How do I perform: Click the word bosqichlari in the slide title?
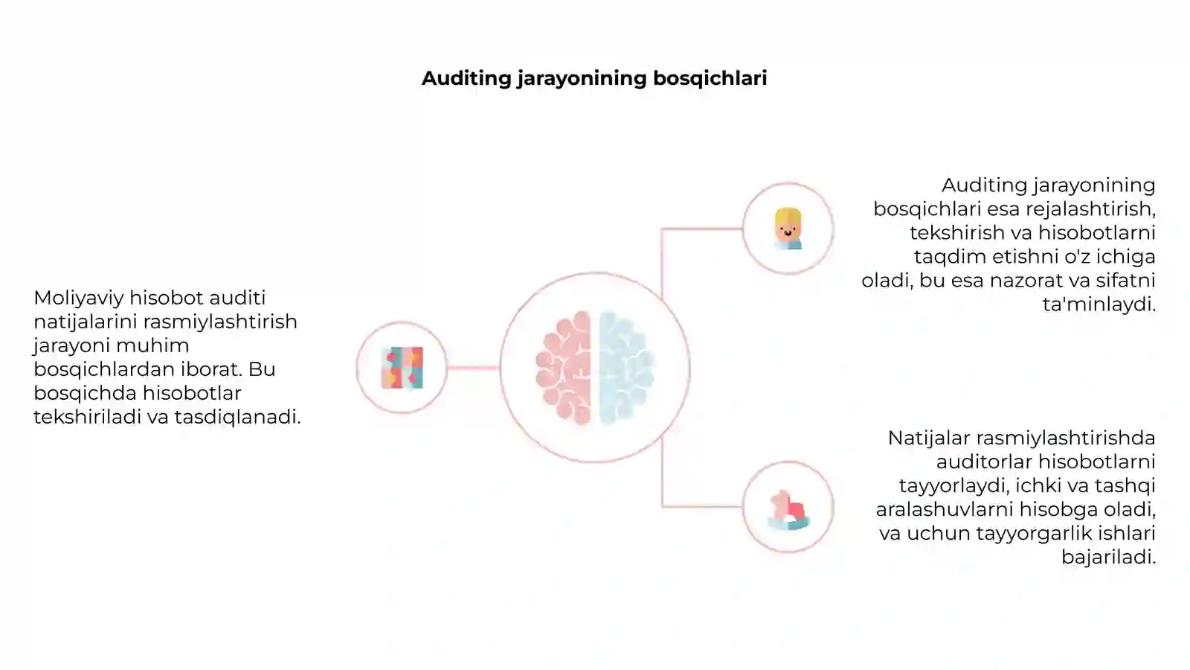click(x=710, y=78)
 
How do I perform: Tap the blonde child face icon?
click(x=788, y=229)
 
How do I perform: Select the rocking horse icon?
click(x=788, y=510)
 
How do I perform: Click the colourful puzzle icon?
click(x=402, y=368)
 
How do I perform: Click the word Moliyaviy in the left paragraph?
click(x=79, y=299)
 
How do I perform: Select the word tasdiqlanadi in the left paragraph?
click(x=237, y=417)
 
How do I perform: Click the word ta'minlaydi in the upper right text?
click(x=1099, y=304)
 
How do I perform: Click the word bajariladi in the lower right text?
click(x=1109, y=558)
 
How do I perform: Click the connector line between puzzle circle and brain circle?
click(x=473, y=368)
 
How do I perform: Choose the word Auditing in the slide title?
click(x=466, y=79)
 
